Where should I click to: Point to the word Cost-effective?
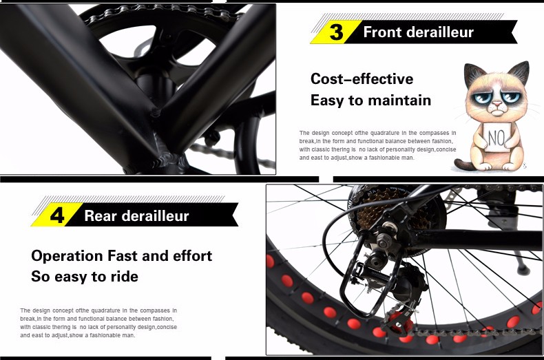[362, 78]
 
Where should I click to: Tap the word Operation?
[67, 257]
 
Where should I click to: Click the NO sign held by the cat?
[496, 137]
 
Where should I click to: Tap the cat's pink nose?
[497, 104]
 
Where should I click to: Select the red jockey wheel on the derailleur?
[399, 321]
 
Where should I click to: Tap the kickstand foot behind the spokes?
[523, 268]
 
